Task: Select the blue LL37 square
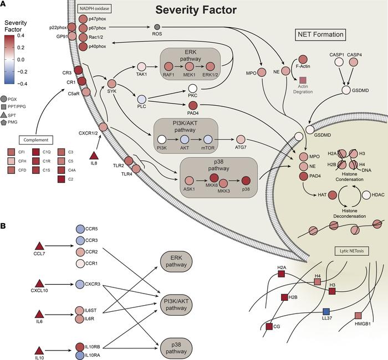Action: (327, 311)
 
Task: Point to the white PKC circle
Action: (193, 89)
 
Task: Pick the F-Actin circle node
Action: (303, 59)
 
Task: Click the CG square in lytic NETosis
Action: (270, 327)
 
